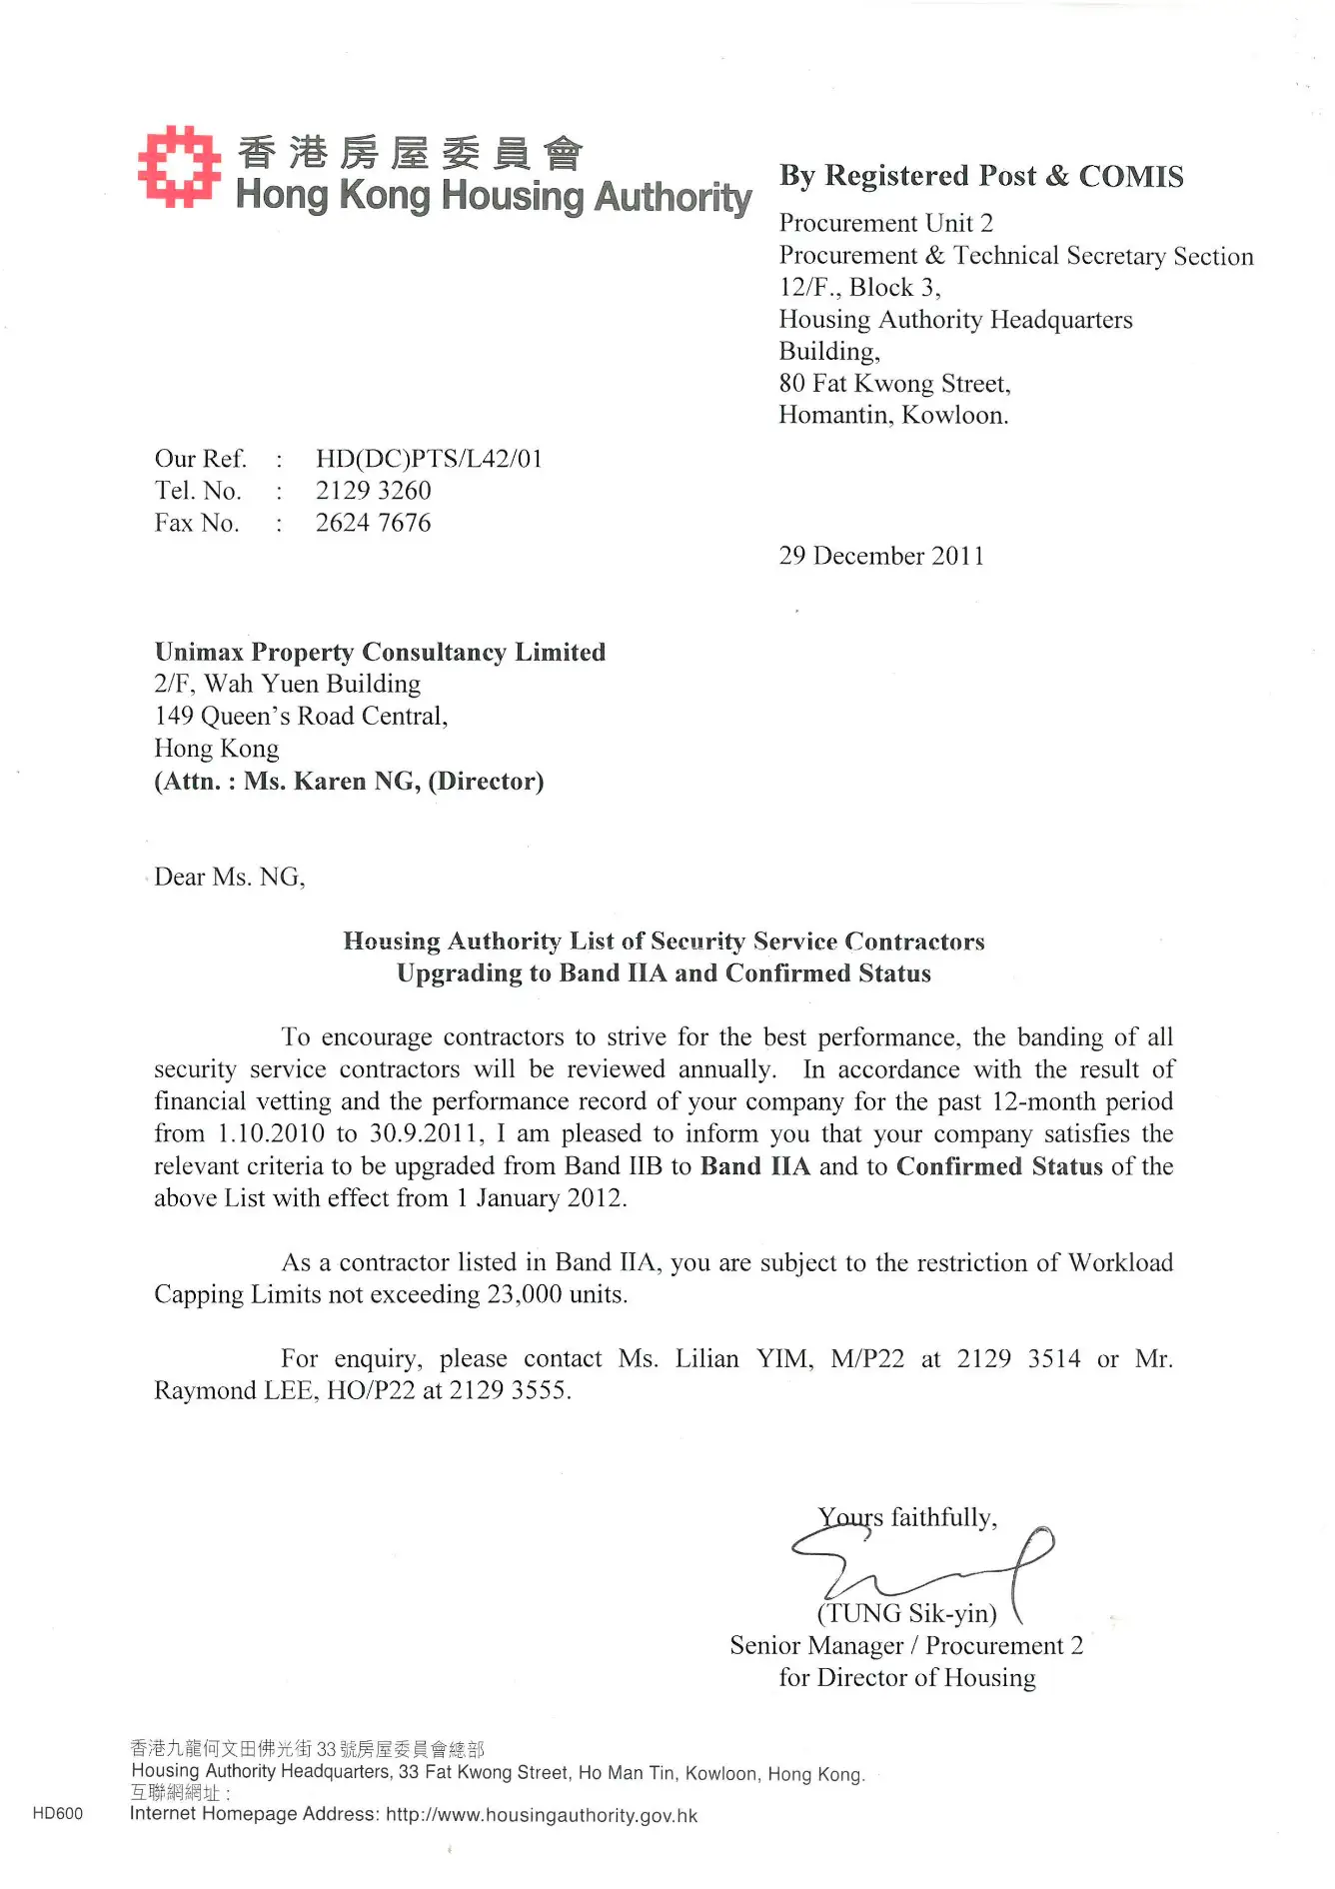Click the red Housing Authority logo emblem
click(179, 166)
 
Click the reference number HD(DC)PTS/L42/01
click(429, 459)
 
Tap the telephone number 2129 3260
click(373, 491)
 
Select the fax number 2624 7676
click(373, 523)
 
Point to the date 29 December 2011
click(881, 556)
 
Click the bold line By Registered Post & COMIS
click(981, 176)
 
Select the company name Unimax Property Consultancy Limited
click(380, 652)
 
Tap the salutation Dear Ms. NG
click(229, 877)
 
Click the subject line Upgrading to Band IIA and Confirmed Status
click(664, 973)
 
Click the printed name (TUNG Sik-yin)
click(907, 1613)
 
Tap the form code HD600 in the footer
click(58, 1814)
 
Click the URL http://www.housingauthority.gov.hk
click(542, 1815)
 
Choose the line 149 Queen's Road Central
click(301, 716)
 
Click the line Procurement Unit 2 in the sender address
click(885, 223)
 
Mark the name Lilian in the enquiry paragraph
click(706, 1358)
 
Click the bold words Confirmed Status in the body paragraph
click(999, 1166)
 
